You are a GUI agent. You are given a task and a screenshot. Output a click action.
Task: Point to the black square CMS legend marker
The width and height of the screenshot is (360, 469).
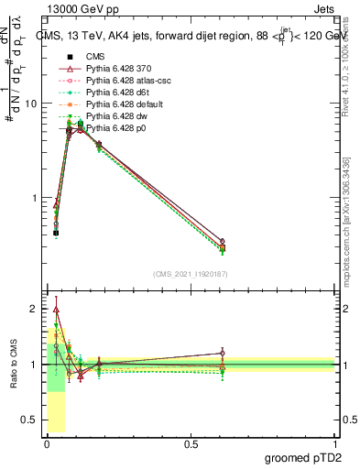pyautogui.click(x=57, y=57)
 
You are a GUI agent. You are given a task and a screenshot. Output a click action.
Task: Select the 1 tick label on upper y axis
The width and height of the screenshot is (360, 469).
pyautogui.click(x=34, y=198)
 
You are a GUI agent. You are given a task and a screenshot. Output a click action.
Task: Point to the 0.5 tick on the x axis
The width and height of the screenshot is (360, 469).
pyautogui.click(x=191, y=444)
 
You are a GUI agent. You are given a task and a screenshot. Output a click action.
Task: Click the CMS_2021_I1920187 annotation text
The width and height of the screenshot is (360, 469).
pyautogui.click(x=190, y=274)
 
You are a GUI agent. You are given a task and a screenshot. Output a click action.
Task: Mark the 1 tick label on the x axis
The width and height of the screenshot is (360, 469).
pyautogui.click(x=334, y=444)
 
